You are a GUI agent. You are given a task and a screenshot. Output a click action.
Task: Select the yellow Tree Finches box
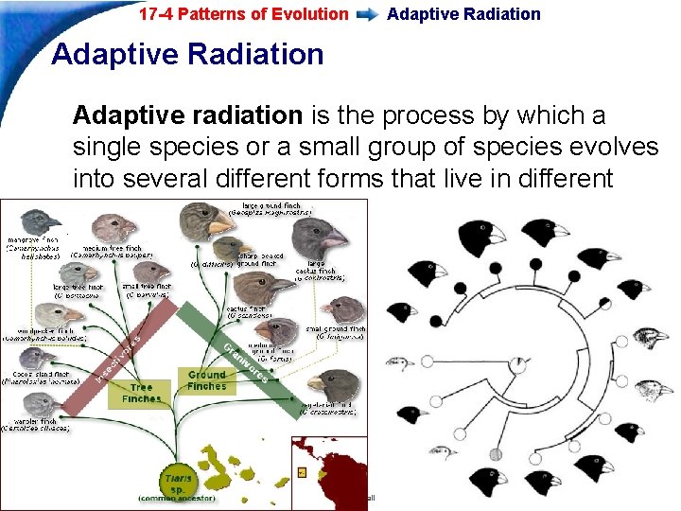tap(141, 393)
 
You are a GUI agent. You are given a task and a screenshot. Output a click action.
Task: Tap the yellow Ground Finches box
tap(207, 380)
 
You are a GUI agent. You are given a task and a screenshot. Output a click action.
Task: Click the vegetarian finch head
tap(336, 385)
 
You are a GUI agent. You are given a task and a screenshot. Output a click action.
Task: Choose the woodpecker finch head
tap(44, 313)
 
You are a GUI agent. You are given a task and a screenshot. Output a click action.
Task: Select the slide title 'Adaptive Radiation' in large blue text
tap(187, 54)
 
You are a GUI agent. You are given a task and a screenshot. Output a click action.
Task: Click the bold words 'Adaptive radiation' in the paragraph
tap(187, 115)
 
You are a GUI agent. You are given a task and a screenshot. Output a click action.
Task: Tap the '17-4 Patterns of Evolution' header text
tap(243, 14)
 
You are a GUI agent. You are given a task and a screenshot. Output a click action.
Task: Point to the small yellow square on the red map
tap(302, 470)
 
